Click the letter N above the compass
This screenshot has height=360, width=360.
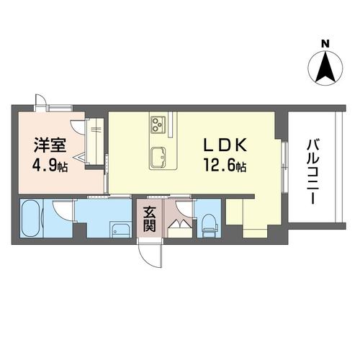325,44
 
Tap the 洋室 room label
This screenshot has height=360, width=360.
50,145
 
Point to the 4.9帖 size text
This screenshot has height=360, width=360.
50,166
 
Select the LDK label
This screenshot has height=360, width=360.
225,145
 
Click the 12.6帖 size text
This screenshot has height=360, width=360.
225,166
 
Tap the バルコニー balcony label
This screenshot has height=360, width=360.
312,172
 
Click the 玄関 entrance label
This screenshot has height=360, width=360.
150,219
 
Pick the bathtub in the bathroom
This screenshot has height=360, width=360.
30,218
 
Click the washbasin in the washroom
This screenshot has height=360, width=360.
121,229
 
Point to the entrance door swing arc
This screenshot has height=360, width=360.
147,258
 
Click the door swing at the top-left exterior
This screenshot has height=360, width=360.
40,100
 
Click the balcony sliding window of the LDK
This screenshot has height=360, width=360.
284,167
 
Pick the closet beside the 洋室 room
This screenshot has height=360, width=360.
95,141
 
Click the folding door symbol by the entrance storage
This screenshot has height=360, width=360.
180,224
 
